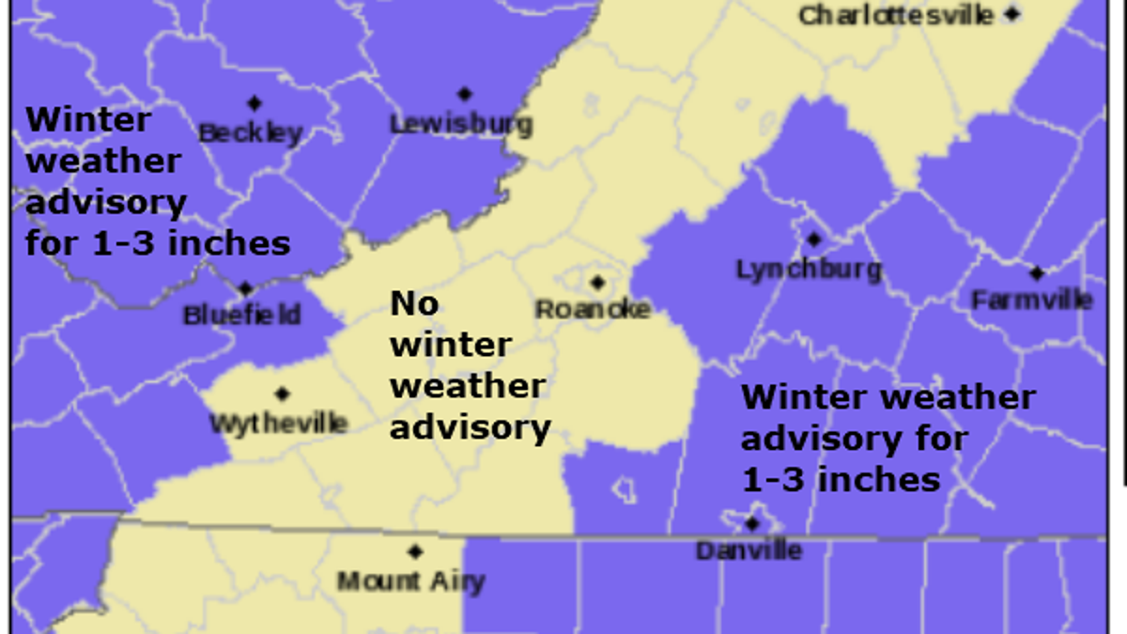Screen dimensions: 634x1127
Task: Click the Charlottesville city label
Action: tap(896, 15)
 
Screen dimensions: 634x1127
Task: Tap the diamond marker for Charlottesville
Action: tap(1011, 14)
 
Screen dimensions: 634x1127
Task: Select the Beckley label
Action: tap(251, 132)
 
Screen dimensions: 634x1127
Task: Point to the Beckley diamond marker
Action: tap(254, 103)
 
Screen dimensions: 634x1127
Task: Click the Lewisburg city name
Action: tap(461, 123)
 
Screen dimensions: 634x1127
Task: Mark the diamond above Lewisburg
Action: tap(464, 94)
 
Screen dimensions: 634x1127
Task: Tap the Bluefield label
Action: tap(242, 314)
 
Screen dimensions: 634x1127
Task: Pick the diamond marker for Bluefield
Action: tap(245, 288)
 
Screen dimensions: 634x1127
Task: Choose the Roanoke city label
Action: tap(593, 308)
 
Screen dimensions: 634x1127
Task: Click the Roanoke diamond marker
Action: tap(597, 282)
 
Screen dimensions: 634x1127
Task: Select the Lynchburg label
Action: tap(809, 270)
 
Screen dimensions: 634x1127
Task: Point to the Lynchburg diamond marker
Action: tap(813, 240)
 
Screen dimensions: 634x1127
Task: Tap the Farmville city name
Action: tap(1031, 300)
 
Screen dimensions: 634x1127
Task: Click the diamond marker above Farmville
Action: tap(1036, 273)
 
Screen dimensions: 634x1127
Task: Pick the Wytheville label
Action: tap(278, 423)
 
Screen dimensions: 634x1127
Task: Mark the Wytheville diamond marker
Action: tap(282, 394)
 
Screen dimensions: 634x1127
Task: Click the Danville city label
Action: tap(749, 549)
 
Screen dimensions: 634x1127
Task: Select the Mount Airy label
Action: tap(410, 581)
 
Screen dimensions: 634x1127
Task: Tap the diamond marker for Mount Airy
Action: tap(415, 551)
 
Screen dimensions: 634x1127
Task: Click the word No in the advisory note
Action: tap(414, 303)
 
